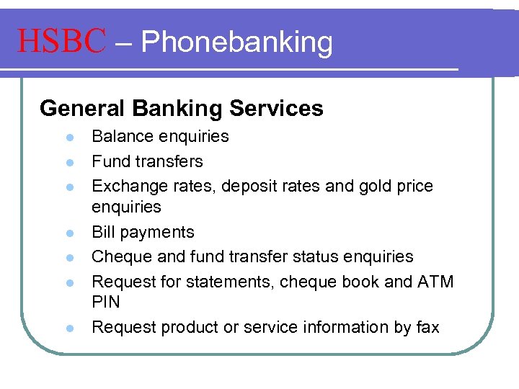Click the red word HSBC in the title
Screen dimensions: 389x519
[62, 42]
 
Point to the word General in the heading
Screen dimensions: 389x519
[82, 109]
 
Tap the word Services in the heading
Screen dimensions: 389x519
[277, 109]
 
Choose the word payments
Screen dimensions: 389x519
[160, 233]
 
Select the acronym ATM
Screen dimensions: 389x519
[435, 282]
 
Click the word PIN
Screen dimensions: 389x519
[106, 302]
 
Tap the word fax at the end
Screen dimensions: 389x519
[427, 327]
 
